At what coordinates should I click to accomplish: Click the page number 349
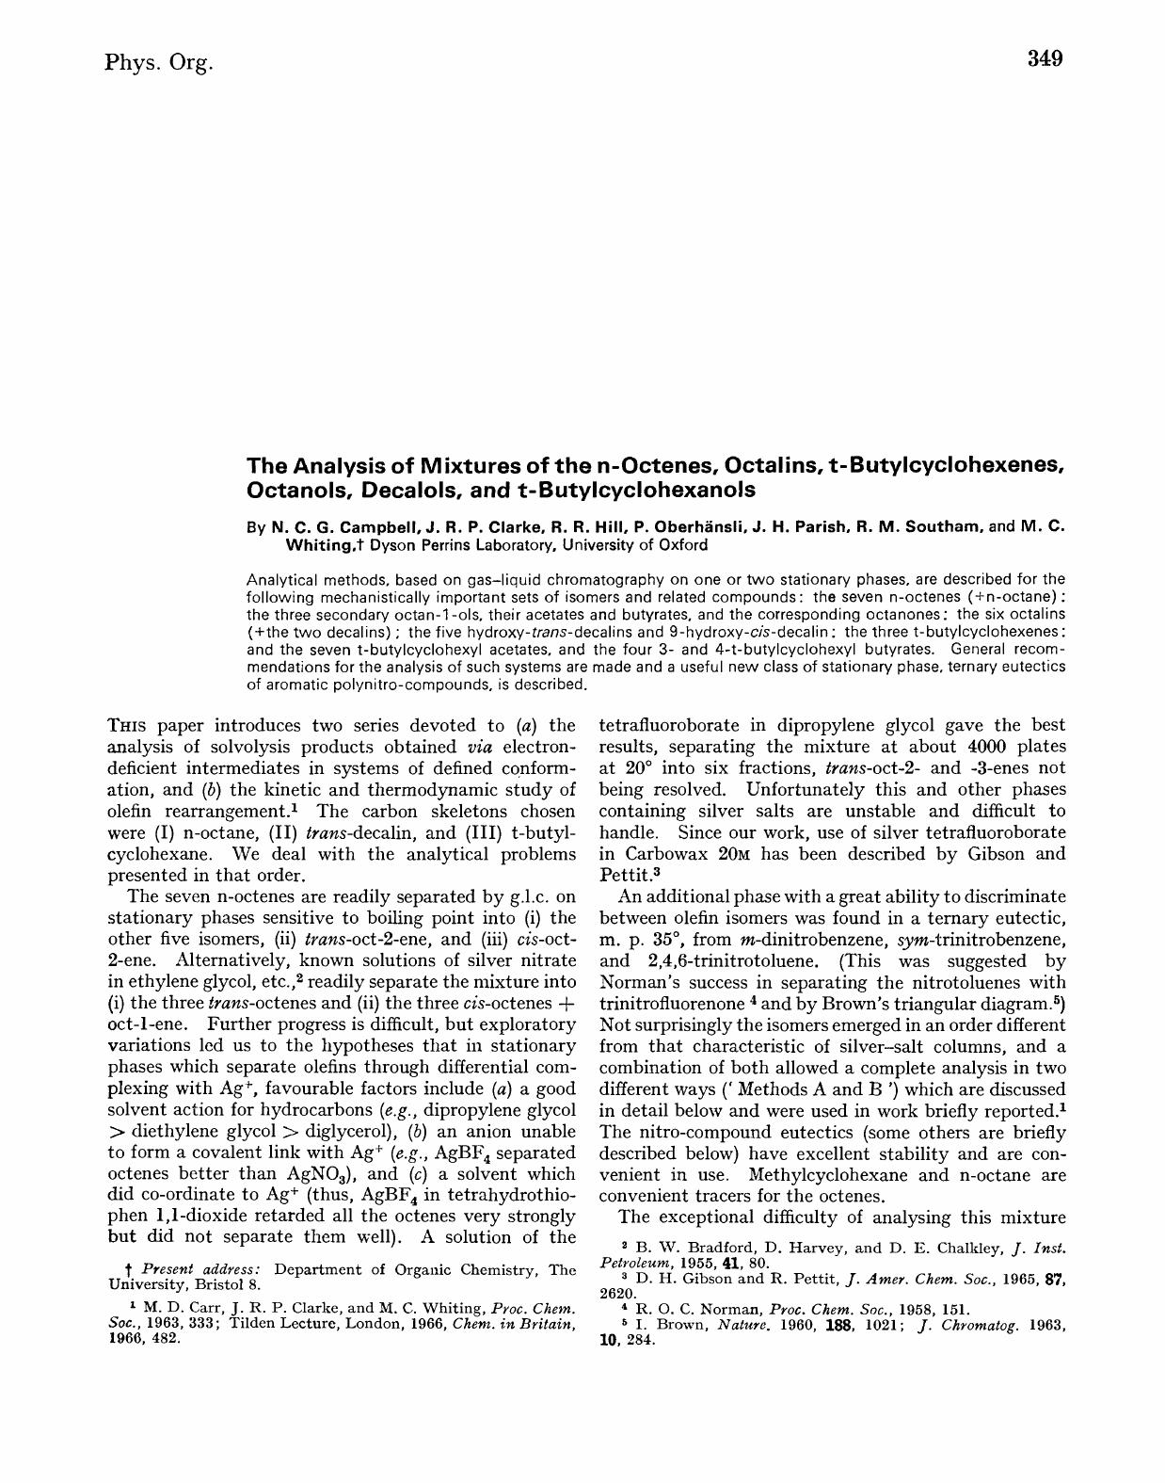click(1045, 59)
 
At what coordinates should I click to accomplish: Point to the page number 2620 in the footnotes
click(616, 1294)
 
